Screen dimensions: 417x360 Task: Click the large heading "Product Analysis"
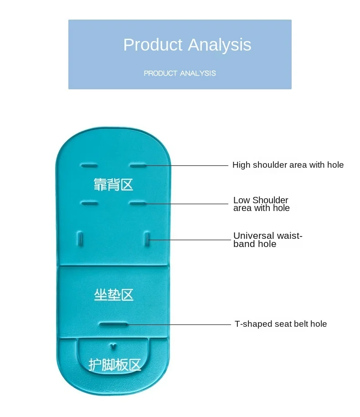point(187,45)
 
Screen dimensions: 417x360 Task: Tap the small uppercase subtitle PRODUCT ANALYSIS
point(180,73)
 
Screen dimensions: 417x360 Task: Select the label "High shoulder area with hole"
point(288,165)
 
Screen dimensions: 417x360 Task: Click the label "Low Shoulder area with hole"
point(261,204)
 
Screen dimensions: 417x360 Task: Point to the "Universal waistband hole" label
point(267,240)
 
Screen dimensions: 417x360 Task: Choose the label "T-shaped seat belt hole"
point(281,324)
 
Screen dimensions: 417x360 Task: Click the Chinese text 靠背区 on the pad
point(113,185)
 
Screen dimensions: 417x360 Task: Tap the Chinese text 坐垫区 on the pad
point(114,295)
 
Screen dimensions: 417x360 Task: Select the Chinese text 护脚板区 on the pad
point(114,365)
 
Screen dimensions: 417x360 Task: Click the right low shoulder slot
point(137,201)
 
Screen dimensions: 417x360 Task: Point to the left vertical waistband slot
point(79,238)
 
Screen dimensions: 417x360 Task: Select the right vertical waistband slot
point(147,238)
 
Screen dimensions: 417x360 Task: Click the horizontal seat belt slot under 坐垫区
point(113,324)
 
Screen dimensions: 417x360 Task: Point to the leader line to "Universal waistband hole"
point(191,239)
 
